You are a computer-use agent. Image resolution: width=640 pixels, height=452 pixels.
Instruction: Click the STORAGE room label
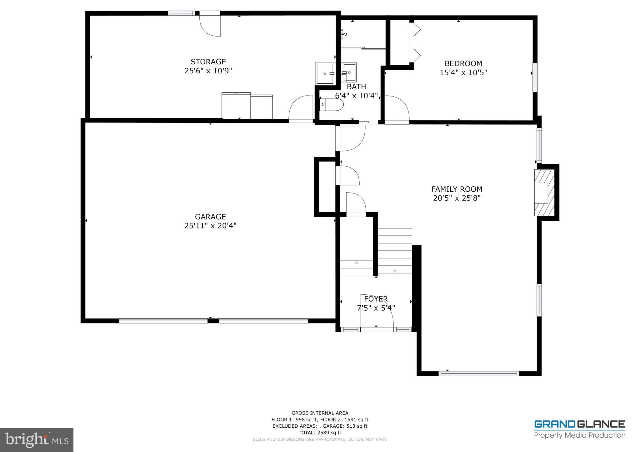click(x=208, y=61)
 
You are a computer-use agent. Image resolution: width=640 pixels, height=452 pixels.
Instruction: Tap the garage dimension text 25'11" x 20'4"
click(x=210, y=226)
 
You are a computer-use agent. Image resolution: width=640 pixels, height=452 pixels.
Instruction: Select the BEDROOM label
click(x=463, y=64)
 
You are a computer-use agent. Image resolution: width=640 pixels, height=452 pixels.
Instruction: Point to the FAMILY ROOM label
click(x=457, y=189)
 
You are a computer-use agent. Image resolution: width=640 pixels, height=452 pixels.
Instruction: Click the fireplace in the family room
click(x=544, y=193)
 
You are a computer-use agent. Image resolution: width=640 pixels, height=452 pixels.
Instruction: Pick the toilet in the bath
click(x=332, y=105)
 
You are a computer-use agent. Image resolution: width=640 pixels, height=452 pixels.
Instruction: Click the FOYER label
click(x=376, y=299)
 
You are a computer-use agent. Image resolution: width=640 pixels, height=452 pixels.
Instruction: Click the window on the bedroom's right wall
click(x=535, y=77)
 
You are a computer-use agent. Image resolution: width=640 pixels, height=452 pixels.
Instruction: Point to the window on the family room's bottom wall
click(x=478, y=373)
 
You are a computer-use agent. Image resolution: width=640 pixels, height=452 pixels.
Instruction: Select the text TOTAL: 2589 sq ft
click(x=320, y=433)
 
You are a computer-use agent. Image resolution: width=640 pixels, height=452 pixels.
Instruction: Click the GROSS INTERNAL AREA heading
click(x=320, y=413)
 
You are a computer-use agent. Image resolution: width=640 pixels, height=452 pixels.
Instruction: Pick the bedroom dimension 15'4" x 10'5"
click(x=463, y=73)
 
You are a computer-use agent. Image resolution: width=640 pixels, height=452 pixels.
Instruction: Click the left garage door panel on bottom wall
click(x=163, y=321)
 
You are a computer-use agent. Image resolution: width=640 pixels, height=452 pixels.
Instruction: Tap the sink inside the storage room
click(x=325, y=73)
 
